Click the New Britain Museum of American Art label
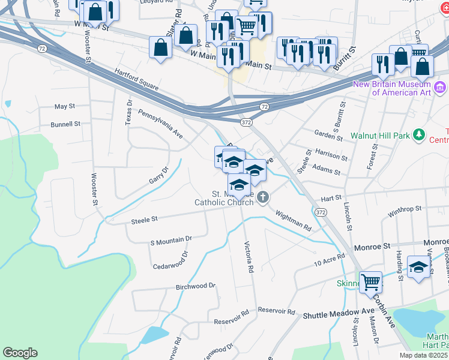[393, 88]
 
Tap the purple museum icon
[440, 88]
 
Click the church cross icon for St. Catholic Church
[263, 197]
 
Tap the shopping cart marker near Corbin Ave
[371, 281]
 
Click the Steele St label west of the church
[144, 220]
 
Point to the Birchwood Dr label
[195, 286]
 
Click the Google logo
[20, 353]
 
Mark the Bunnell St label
[65, 124]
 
